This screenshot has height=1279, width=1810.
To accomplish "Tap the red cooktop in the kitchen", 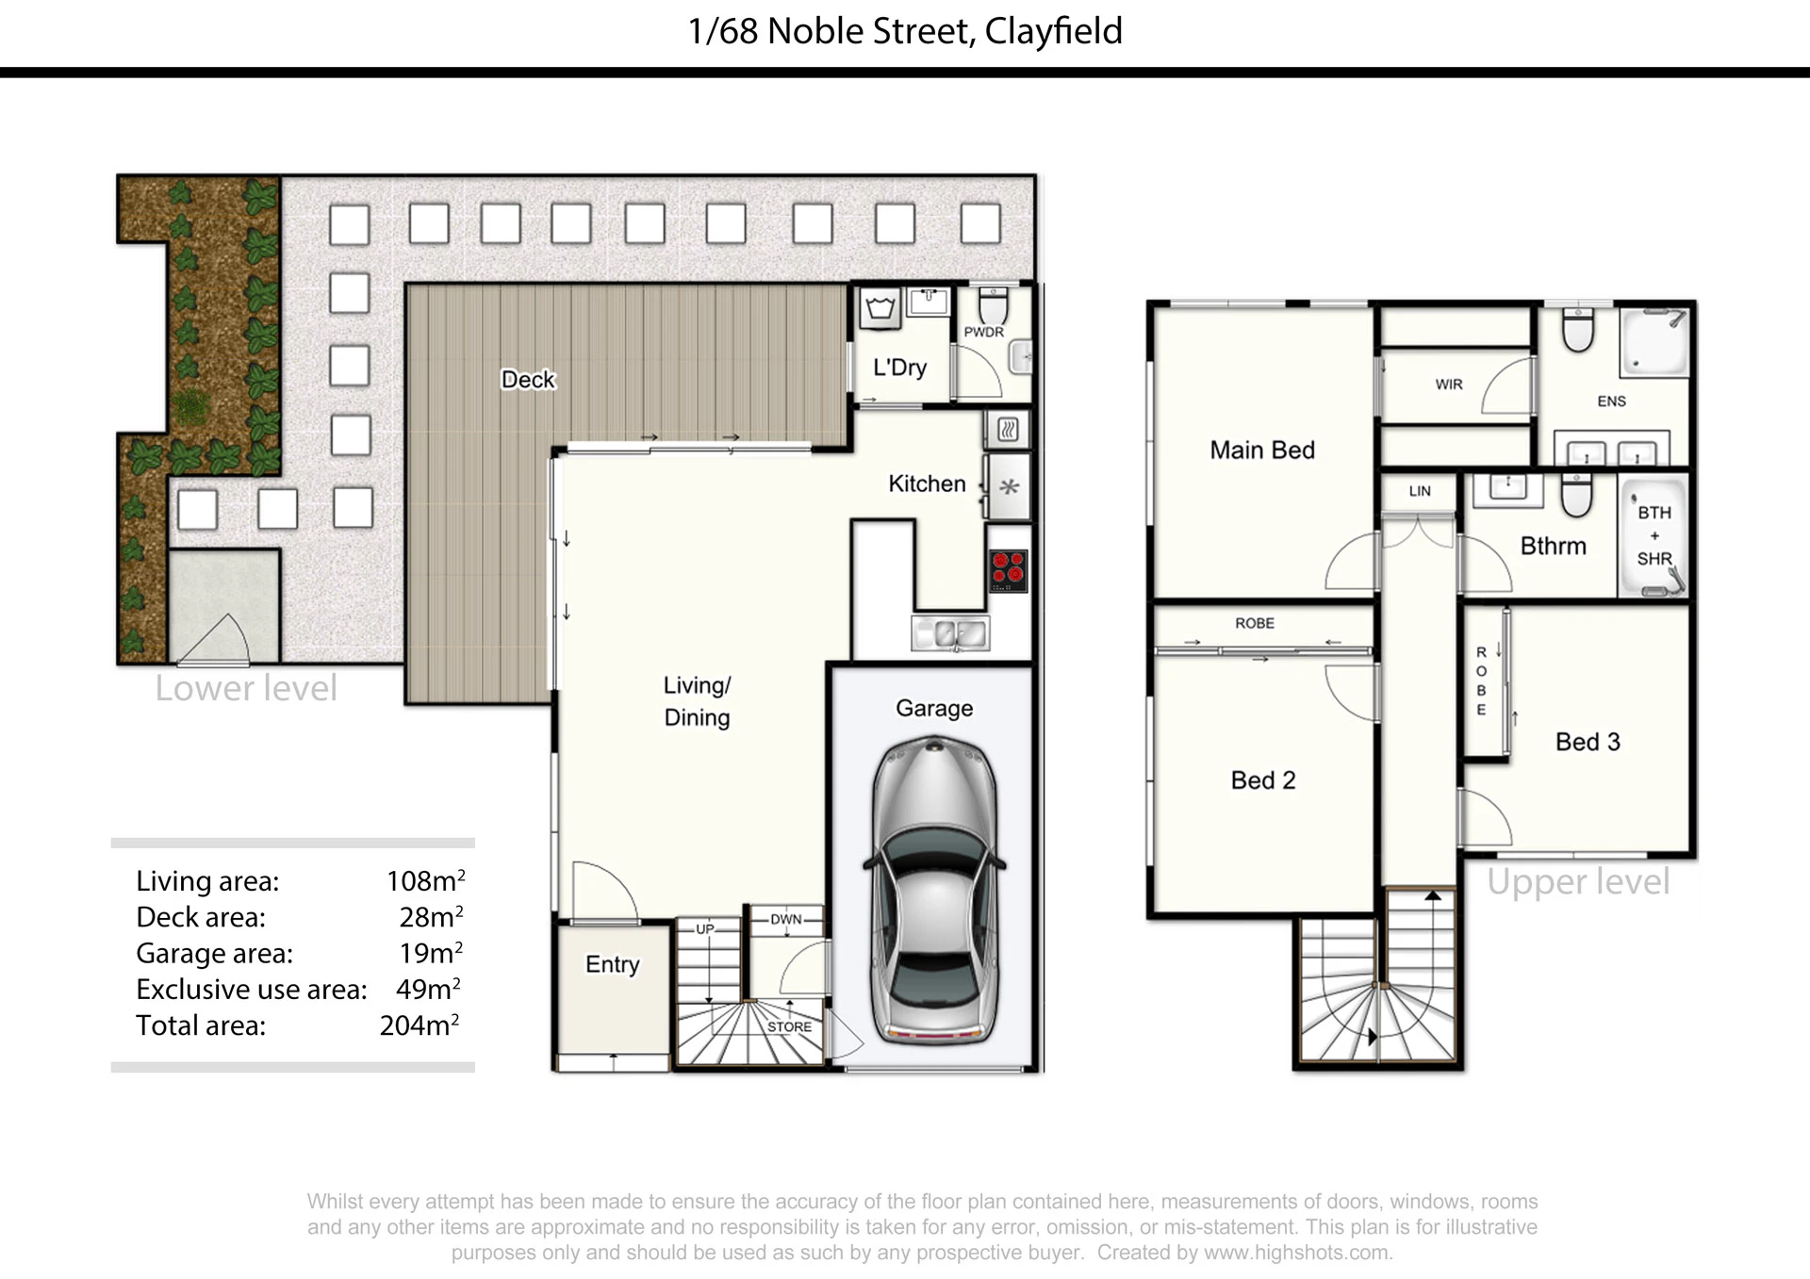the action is (x=1008, y=569).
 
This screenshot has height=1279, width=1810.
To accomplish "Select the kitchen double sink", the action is (x=950, y=633).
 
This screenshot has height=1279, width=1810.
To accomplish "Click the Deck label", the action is (x=528, y=380).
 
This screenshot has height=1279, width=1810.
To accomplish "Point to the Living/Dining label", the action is (x=698, y=701).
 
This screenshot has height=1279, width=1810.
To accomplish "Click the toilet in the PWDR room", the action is (x=994, y=305).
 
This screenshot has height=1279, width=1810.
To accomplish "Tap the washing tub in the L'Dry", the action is (x=880, y=309).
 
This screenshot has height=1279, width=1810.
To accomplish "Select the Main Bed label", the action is (x=1262, y=451).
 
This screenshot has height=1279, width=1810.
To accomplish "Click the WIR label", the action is (x=1449, y=385).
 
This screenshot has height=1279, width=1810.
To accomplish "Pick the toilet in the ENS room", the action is (x=1578, y=329).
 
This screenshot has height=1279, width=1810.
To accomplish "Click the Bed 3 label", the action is (x=1588, y=742).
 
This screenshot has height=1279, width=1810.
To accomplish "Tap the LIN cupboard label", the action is (x=1420, y=491).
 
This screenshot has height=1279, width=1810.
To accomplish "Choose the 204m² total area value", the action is (x=420, y=1025).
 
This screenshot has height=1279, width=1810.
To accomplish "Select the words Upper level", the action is (x=1578, y=882).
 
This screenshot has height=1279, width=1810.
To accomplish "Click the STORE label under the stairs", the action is (x=789, y=1026).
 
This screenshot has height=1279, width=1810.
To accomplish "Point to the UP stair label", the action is (x=705, y=928).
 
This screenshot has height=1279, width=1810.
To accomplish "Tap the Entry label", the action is (x=613, y=964).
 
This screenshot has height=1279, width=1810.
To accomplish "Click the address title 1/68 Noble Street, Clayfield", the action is (x=905, y=31).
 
